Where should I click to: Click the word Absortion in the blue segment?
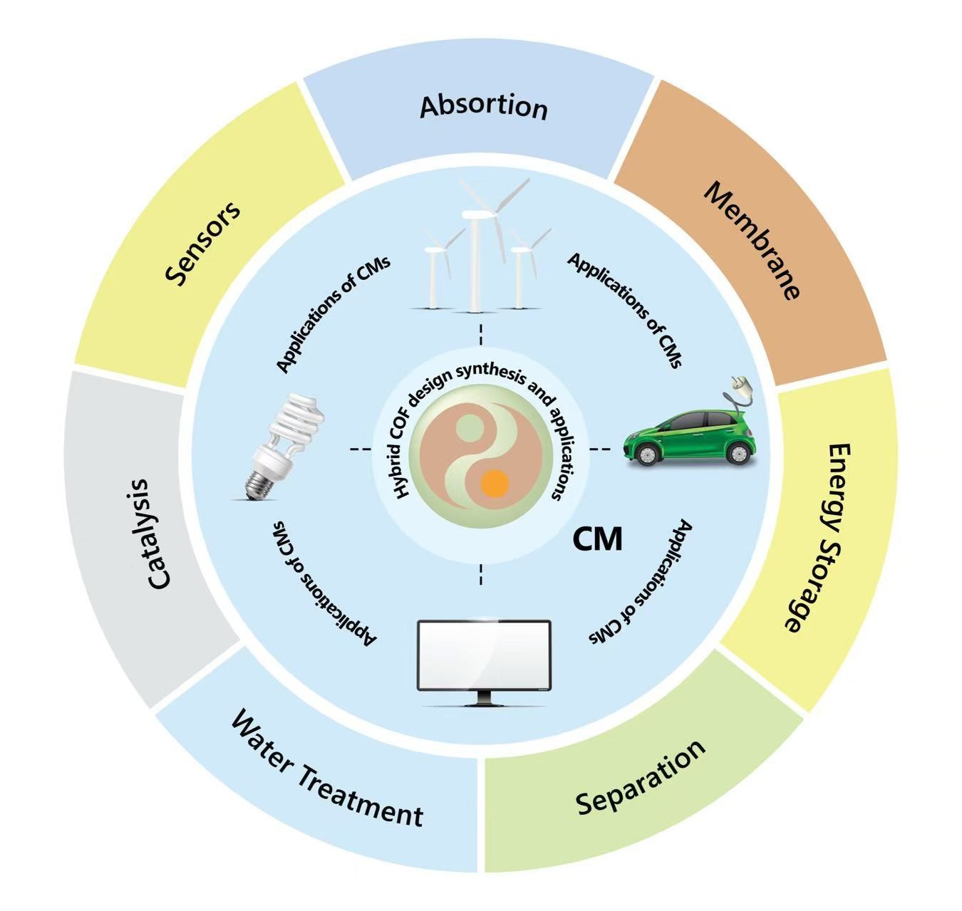click(484, 107)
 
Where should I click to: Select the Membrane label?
click(752, 241)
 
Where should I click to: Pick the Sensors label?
click(204, 243)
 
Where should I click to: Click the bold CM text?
click(598, 539)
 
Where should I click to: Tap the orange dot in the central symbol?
click(494, 484)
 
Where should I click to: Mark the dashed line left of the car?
click(600, 449)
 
